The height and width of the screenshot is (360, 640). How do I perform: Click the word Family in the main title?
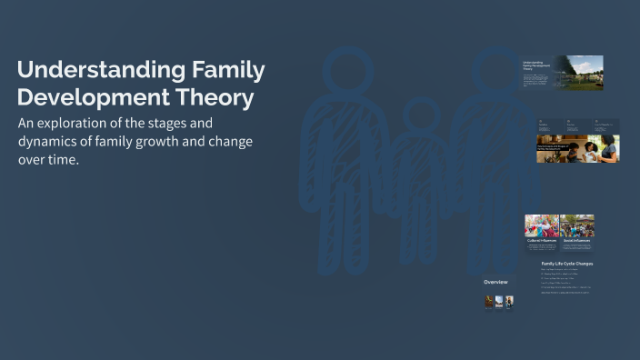tap(217, 70)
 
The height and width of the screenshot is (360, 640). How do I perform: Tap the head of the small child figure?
tap(419, 116)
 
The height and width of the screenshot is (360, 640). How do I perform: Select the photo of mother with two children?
tap(602, 149)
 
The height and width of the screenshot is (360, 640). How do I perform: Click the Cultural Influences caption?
tap(541, 241)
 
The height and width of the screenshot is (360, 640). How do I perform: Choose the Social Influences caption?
tap(575, 241)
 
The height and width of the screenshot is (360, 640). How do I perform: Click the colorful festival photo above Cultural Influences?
tap(541, 225)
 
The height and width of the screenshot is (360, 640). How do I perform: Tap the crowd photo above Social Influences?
tap(577, 225)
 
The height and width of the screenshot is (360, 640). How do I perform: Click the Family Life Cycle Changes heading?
tap(566, 264)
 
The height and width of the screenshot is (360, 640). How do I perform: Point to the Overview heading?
tap(495, 282)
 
